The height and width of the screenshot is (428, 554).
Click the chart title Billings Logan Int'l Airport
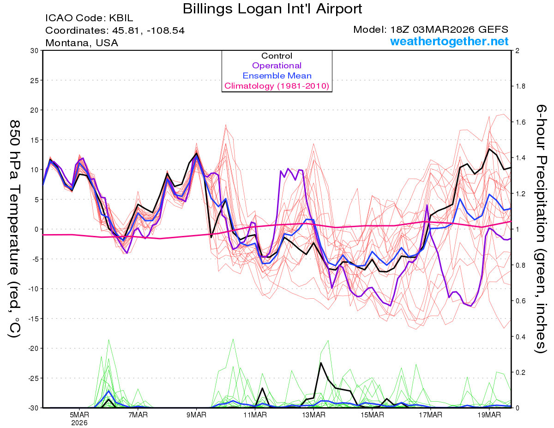click(272, 9)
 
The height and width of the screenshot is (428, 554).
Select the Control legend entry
click(277, 56)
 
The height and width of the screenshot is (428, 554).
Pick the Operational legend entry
click(277, 66)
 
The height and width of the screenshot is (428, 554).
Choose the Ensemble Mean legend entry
click(277, 76)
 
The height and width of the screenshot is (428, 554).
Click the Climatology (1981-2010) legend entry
click(277, 86)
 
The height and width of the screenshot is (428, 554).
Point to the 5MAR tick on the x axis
click(79, 415)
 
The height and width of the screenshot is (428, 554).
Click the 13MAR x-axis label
click(313, 415)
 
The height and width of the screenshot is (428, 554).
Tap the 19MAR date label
click(488, 415)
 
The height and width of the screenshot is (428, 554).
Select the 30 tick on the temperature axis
click(33, 51)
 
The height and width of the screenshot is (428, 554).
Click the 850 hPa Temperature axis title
click(15, 229)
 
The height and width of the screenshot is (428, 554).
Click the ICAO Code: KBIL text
click(89, 18)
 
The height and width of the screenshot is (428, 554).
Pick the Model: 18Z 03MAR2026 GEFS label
click(431, 30)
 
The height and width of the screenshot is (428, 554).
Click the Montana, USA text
click(82, 43)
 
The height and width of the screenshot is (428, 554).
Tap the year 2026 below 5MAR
click(79, 422)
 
